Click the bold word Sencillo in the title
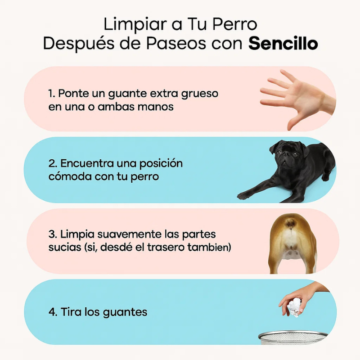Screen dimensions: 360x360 click(x=283, y=43)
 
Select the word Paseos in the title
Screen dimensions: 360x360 click(x=176, y=43)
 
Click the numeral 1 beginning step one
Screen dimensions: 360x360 click(x=50, y=94)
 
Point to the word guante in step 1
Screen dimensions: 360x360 click(x=127, y=94)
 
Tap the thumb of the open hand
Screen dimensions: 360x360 click(x=294, y=121)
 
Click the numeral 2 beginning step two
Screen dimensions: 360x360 click(x=52, y=163)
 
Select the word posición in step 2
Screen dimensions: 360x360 click(x=161, y=164)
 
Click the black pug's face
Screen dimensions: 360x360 click(x=285, y=157)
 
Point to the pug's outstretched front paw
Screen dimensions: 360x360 click(x=244, y=195)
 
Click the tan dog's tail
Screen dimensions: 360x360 click(x=290, y=222)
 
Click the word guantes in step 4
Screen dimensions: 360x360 click(x=125, y=313)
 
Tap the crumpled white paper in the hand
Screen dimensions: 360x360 click(x=294, y=307)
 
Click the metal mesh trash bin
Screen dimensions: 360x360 click(x=293, y=338)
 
